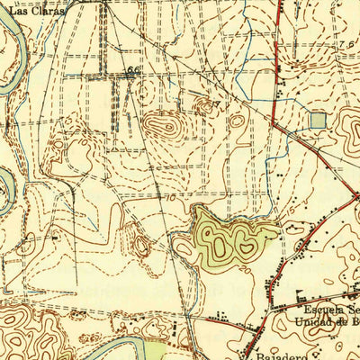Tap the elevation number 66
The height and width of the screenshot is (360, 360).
pos(135,70)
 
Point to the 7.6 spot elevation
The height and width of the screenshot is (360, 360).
pos(347,44)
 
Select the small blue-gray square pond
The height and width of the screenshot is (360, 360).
pos(318,120)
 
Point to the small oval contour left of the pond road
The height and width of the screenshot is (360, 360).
pos(140,245)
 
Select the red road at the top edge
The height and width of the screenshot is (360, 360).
pos(279,4)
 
